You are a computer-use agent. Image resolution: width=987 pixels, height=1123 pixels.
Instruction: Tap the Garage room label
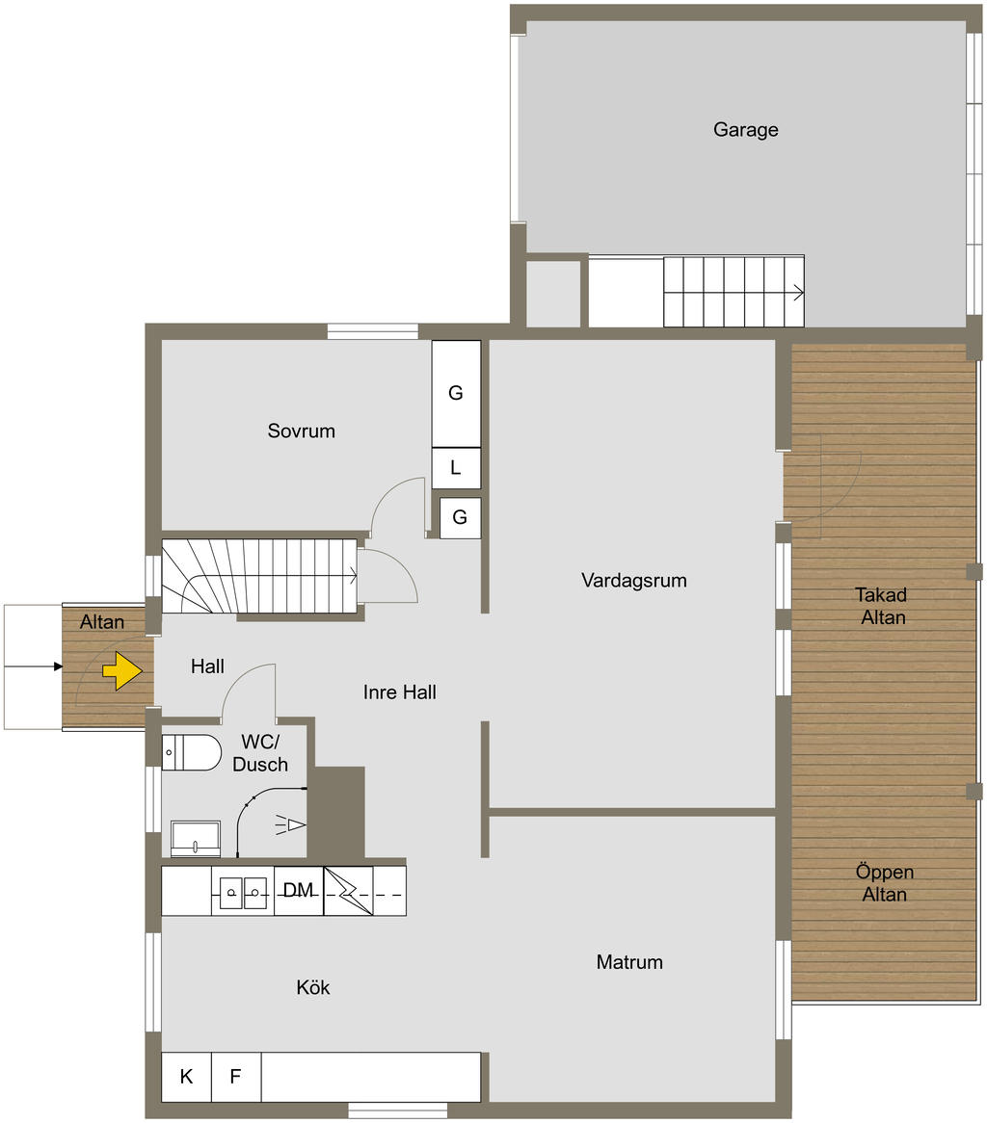pos(745,130)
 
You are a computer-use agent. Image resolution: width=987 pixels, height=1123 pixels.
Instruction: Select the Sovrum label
pos(301,431)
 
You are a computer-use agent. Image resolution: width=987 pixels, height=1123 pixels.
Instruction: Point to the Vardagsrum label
pos(633,580)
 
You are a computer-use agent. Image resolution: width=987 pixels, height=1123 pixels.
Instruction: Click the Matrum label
pos(629,962)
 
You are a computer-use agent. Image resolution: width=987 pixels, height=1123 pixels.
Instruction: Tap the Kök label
pos(313,987)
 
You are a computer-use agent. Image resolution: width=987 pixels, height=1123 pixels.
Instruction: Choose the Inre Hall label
pos(399,692)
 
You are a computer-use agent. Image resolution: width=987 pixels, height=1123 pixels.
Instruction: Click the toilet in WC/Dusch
pos(191,752)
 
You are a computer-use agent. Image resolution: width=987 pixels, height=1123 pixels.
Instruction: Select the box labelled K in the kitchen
pos(186,1077)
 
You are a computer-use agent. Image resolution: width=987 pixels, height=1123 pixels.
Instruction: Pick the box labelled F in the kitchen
pos(236,1077)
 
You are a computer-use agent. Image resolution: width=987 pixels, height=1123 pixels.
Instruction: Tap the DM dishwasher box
pos(298,891)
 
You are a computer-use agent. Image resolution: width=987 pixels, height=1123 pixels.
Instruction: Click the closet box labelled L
pos(456,468)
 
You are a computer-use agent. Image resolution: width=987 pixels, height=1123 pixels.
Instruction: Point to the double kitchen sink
pos(243,893)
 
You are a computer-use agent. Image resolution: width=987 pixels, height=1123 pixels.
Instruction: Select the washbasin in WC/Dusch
pos(196,839)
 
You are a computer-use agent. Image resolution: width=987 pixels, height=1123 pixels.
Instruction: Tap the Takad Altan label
pos(882,606)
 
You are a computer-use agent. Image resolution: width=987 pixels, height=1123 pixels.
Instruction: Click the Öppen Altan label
pos(885,883)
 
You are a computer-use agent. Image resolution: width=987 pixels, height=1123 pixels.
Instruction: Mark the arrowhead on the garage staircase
pos(798,292)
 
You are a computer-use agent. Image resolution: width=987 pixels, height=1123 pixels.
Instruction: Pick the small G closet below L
pos(460,517)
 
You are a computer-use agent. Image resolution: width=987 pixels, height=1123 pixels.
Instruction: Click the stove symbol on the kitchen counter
pos(348,891)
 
